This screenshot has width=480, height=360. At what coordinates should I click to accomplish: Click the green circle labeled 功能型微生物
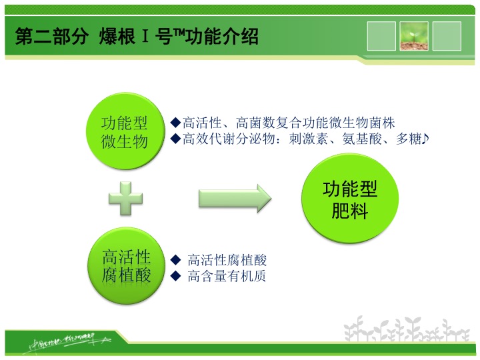[125, 132]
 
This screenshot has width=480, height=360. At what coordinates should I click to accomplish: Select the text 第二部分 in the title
[51, 37]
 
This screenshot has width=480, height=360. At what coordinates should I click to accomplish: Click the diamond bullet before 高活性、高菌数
[176, 123]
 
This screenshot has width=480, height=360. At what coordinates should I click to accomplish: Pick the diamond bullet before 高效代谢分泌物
[176, 139]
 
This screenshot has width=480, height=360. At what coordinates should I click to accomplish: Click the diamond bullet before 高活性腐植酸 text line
[176, 259]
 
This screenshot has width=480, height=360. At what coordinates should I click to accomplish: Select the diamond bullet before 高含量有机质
[176, 275]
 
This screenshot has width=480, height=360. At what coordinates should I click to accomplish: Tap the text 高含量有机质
[227, 275]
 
